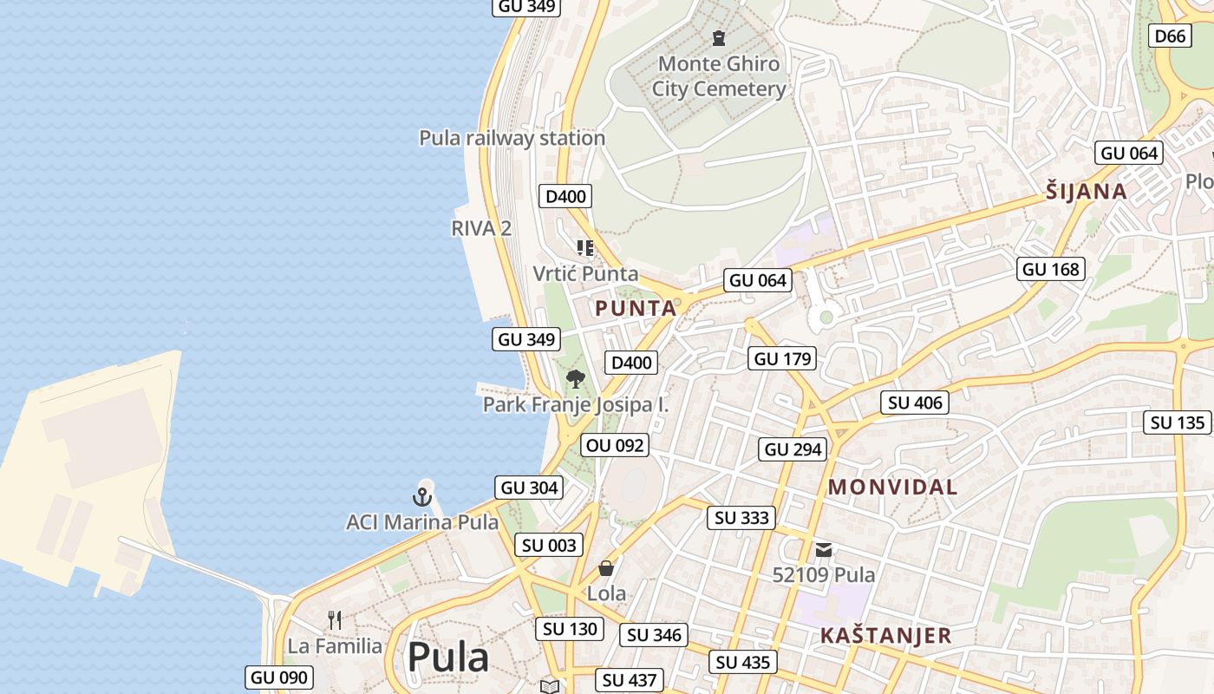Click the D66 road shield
click(1171, 36)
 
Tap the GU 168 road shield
click(1051, 269)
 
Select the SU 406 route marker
click(916, 403)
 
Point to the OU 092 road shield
click(615, 446)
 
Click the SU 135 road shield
click(1178, 422)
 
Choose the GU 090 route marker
click(279, 678)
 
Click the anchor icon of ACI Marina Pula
click(421, 497)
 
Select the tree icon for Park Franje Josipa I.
click(575, 379)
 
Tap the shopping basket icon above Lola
click(606, 568)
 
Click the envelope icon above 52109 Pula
click(823, 549)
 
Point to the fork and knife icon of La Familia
click(335, 620)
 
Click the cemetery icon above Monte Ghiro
click(719, 38)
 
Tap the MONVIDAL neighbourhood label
click(892, 488)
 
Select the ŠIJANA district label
click(1086, 192)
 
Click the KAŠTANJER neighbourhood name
click(885, 636)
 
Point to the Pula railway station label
click(512, 138)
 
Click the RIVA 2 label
click(481, 228)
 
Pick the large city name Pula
click(447, 658)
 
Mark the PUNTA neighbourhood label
click(636, 309)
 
